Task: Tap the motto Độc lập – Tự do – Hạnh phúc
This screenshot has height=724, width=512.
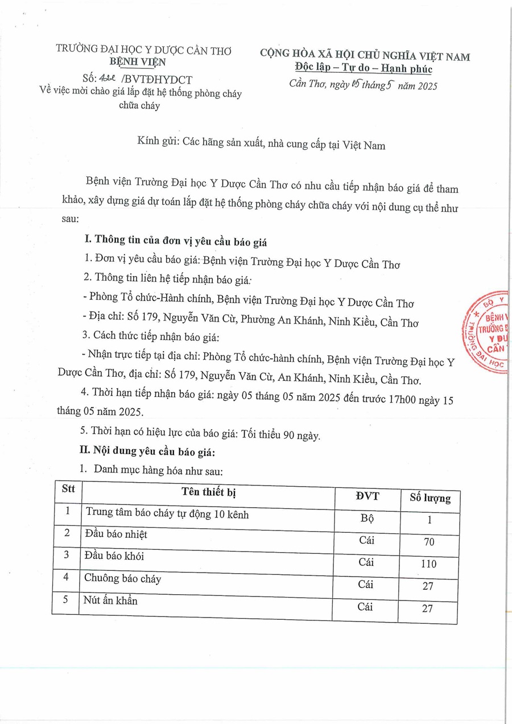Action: coord(364,69)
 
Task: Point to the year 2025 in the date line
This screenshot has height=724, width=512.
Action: coord(426,87)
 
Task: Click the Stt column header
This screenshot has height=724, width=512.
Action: coord(68,489)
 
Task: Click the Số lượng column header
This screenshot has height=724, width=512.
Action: coord(430,499)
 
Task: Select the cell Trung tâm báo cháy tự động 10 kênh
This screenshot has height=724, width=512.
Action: coord(167,514)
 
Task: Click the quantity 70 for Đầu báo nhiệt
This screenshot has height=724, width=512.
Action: coord(429,542)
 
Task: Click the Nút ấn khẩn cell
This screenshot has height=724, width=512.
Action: coord(111,600)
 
